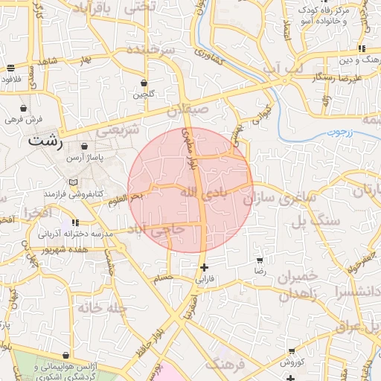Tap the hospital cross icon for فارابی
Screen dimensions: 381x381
point(204,267)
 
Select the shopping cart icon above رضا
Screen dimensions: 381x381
point(260,260)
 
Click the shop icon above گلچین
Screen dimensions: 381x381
point(144,83)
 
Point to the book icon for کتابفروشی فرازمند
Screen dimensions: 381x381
point(72,182)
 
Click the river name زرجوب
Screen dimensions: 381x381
point(339,132)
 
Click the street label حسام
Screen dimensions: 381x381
point(162,278)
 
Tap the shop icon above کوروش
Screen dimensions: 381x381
point(292,350)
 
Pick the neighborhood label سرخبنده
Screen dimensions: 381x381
point(150,50)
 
